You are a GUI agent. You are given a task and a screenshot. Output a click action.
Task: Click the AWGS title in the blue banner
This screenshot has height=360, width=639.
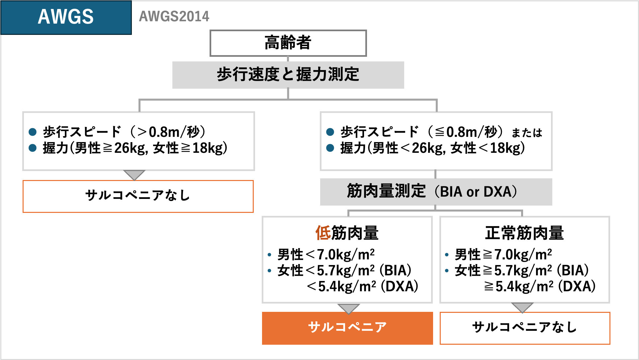pyautogui.click(x=66, y=17)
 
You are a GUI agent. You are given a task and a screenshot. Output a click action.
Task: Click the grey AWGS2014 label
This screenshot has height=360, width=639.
pyautogui.click(x=174, y=16)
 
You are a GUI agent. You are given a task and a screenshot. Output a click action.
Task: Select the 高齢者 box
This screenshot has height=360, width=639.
pyautogui.click(x=288, y=43)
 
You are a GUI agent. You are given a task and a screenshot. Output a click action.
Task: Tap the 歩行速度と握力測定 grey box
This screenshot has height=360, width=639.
pyautogui.click(x=288, y=75)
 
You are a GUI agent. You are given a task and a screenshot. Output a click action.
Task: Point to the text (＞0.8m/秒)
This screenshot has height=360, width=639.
pyautogui.click(x=168, y=132)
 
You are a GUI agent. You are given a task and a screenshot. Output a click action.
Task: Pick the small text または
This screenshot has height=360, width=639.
pyautogui.click(x=527, y=133)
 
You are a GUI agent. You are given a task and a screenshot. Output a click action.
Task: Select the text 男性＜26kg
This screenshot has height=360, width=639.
pyautogui.click(x=408, y=148)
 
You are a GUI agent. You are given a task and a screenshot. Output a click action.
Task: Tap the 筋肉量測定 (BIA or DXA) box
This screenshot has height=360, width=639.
pyautogui.click(x=436, y=192)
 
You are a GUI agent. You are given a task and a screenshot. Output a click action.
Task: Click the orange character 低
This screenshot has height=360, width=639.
pyautogui.click(x=323, y=233)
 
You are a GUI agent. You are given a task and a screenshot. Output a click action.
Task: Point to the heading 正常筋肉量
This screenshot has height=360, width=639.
pyautogui.click(x=524, y=233)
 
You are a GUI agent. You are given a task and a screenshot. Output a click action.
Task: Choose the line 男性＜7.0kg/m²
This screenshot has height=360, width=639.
pyautogui.click(x=326, y=255)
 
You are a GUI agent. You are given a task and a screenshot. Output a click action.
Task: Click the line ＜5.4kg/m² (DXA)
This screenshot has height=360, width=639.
pyautogui.click(x=362, y=286)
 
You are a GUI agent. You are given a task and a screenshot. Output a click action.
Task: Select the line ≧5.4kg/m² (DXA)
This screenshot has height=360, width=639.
pyautogui.click(x=540, y=286)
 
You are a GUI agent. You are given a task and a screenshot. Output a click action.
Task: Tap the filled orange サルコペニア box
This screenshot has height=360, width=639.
pyautogui.click(x=347, y=328)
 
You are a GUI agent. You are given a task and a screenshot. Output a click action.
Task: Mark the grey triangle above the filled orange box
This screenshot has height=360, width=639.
pyautogui.click(x=348, y=308)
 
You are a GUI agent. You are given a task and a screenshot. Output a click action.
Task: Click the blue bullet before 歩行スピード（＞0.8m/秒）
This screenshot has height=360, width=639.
pyautogui.click(x=33, y=132)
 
